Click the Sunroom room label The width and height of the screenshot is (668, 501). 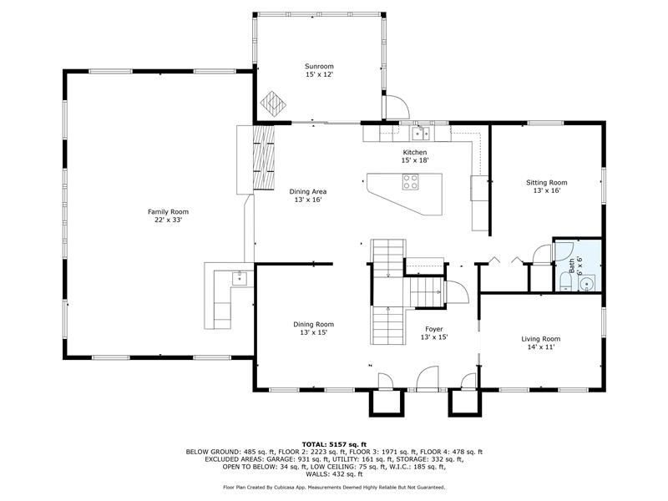(319, 67)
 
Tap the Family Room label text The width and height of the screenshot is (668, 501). (169, 212)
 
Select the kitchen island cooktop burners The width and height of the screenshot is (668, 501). (411, 182)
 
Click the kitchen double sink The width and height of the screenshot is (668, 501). (422, 133)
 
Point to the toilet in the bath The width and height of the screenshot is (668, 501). (566, 282)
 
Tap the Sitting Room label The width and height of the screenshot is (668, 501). (547, 183)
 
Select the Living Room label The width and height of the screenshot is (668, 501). (541, 339)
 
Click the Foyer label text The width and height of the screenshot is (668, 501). (434, 329)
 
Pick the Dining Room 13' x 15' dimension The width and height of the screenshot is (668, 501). (314, 332)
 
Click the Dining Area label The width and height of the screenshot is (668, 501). (308, 192)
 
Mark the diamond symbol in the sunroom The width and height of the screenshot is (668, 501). (273, 104)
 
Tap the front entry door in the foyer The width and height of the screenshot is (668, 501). (428, 379)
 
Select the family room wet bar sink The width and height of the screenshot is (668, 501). (240, 278)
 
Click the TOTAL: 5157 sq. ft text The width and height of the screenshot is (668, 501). (335, 445)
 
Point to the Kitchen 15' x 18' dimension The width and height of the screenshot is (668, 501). (415, 160)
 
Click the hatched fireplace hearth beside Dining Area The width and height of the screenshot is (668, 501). (264, 158)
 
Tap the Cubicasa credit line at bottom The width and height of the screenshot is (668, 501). (335, 488)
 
